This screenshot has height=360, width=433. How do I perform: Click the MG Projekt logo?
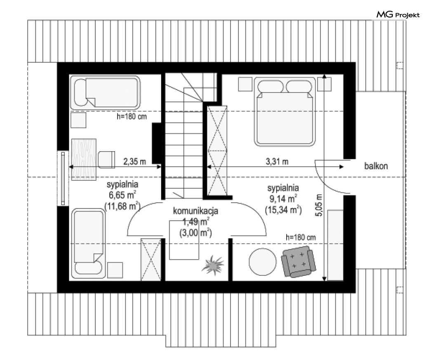[398, 14]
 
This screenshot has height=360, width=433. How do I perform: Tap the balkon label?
[376, 166]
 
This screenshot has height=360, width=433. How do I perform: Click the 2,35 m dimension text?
[134, 161]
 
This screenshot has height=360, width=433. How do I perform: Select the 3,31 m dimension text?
[277, 161]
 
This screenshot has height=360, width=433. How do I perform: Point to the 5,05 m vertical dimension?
[319, 205]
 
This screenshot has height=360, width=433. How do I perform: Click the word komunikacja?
[195, 211]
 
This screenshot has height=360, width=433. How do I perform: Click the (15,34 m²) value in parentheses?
[283, 210]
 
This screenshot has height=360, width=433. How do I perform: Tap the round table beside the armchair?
[262, 262]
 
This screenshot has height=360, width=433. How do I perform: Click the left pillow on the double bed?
[271, 87]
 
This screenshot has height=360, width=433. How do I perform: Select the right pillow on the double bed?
[299, 87]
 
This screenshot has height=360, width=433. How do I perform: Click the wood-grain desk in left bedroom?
[84, 159]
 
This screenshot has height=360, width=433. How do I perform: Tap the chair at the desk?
[106, 159]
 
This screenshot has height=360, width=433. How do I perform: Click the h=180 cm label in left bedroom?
[132, 116]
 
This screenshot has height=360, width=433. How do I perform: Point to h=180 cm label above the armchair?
[301, 237]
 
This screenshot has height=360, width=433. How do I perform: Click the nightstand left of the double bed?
[245, 84]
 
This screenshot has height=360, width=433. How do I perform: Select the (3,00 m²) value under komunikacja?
[195, 233]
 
